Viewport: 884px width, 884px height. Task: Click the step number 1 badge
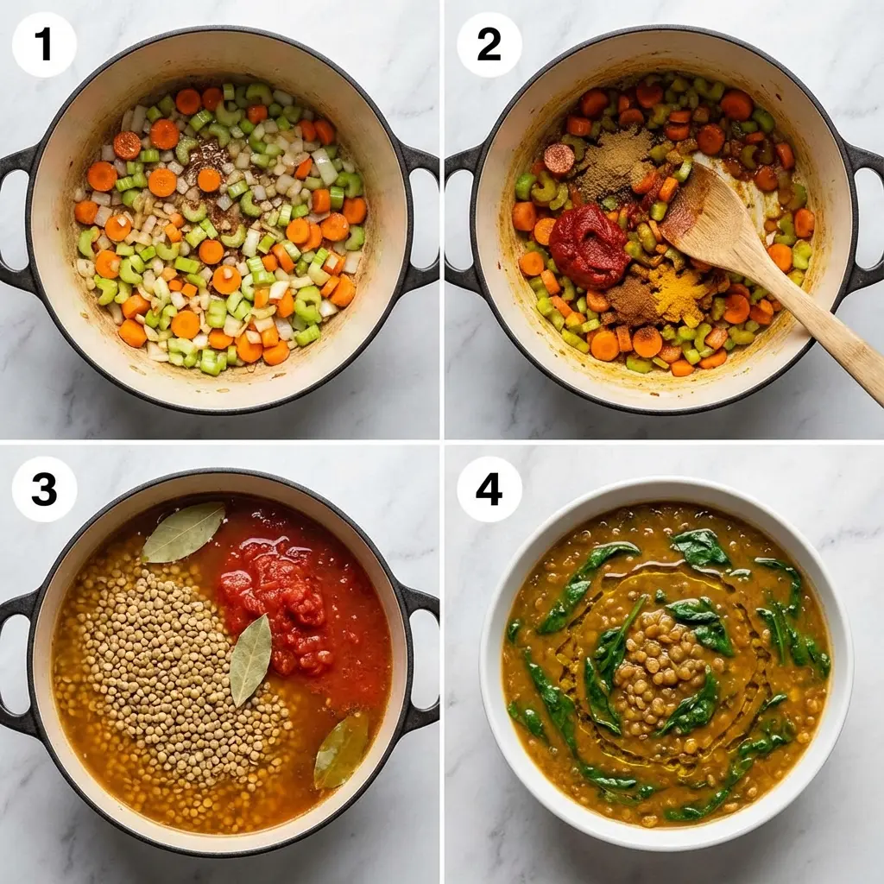pyautogui.click(x=44, y=45)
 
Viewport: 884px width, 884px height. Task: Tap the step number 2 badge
pyautogui.click(x=489, y=45)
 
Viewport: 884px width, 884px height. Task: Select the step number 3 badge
pyautogui.click(x=44, y=489)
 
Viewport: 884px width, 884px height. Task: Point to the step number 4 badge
pyautogui.click(x=489, y=489)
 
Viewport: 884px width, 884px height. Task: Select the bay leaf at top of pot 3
pyautogui.click(x=183, y=531)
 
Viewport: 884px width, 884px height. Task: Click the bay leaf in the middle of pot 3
pyautogui.click(x=250, y=659)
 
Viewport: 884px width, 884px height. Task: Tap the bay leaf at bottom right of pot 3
pyautogui.click(x=342, y=749)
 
